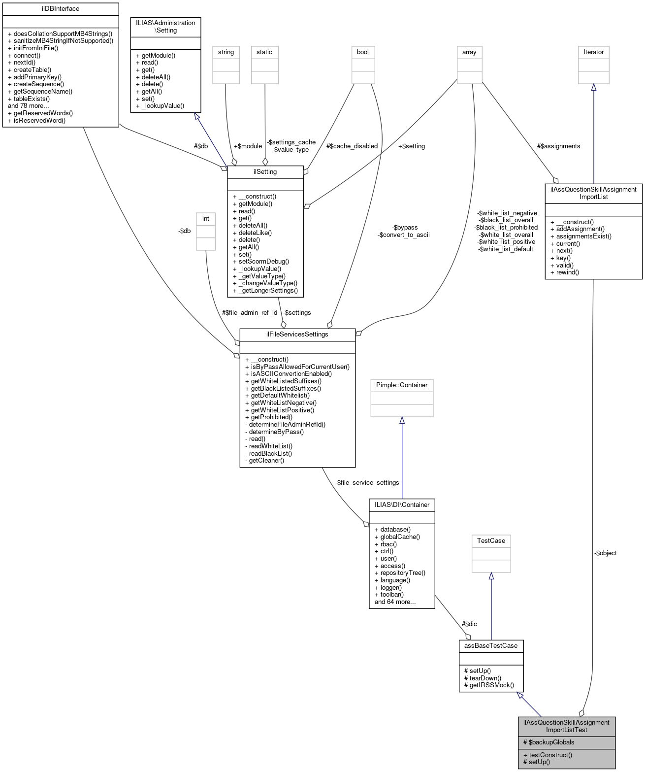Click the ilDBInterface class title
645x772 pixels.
61,9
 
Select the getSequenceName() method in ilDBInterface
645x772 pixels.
43,91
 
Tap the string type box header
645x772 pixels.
226,52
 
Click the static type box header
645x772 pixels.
264,52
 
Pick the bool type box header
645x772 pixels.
363,52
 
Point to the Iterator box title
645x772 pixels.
593,52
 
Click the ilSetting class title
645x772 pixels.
265,172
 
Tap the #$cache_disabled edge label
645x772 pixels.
352,146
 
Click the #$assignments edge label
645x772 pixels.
558,146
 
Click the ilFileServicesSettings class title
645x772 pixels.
297,335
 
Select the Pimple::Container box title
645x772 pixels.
402,385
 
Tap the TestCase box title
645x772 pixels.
491,541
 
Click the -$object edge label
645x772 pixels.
605,553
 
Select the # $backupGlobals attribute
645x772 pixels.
548,742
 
